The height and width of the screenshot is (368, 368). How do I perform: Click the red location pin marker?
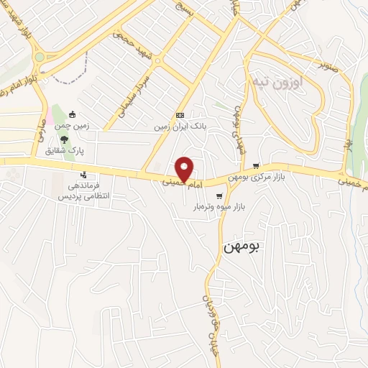coord(185,168)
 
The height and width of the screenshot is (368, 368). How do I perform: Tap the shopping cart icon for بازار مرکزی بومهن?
coord(256,165)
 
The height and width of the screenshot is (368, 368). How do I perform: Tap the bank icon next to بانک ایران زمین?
coord(180,115)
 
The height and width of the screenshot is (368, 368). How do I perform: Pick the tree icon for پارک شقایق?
coord(65,139)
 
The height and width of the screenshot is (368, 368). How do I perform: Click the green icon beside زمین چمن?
coord(72,114)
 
